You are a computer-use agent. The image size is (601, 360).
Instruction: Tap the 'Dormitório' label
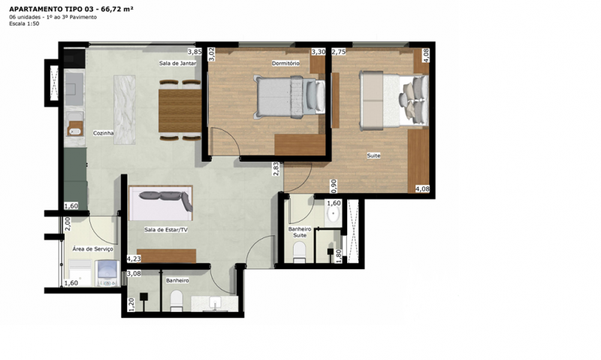tap(285, 63)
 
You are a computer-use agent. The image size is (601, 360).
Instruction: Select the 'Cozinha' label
tap(103, 133)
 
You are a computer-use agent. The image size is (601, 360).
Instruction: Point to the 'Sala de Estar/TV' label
tap(166, 230)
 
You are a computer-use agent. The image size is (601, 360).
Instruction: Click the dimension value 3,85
tap(194, 52)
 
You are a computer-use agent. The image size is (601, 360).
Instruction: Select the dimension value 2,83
tap(276, 168)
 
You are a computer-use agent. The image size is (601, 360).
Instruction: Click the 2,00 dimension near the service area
tap(68, 222)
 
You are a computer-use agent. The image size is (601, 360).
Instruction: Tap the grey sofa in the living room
tap(161, 201)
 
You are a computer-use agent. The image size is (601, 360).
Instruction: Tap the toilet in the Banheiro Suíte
tap(299, 251)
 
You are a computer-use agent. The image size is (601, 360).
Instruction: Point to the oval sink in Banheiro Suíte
tap(334, 214)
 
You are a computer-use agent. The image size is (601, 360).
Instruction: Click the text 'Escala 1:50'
tap(26, 24)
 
